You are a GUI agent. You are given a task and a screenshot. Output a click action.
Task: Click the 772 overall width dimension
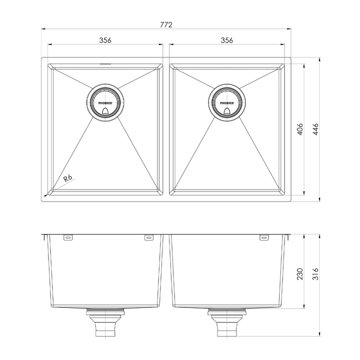tap(166, 24)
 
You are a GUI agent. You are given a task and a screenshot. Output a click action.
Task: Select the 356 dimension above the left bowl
tap(104, 40)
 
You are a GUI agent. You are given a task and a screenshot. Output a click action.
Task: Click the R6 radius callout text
tap(68, 178)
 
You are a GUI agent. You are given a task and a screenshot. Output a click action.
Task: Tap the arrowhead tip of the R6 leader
tap(45, 195)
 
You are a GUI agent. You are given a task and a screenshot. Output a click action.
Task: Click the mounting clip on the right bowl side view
tap(263, 237)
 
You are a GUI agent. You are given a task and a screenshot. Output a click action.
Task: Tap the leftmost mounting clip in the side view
tap(68, 237)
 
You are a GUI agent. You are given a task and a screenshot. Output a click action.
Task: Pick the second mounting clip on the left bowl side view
tap(148, 237)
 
